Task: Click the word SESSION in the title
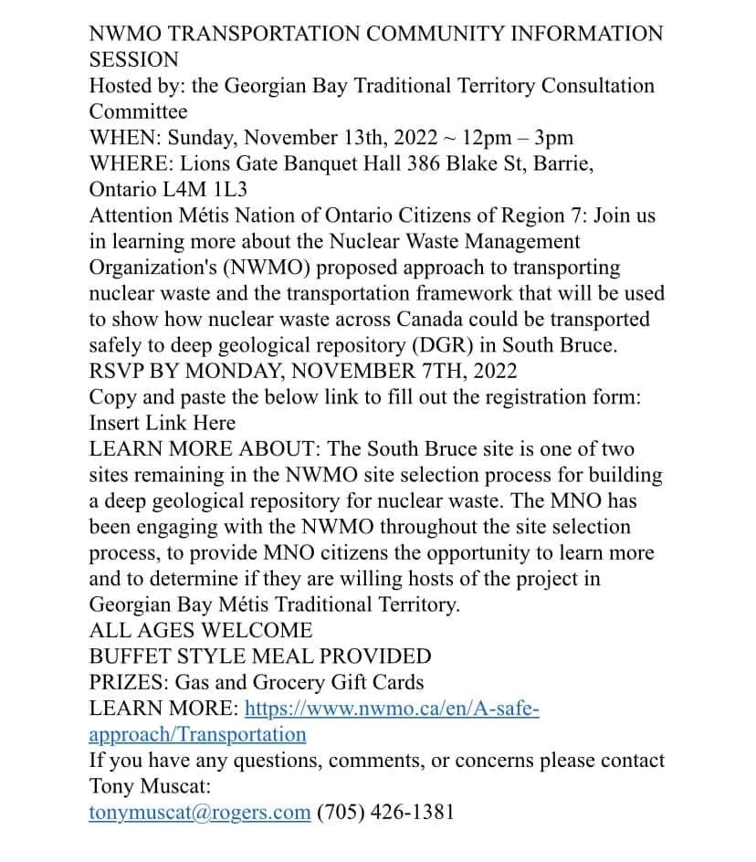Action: click(x=133, y=60)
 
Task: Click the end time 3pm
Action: click(x=554, y=138)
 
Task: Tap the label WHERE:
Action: click(x=132, y=164)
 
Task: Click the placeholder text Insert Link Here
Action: click(x=163, y=423)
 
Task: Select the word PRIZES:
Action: click(x=129, y=682)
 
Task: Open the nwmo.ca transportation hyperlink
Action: click(x=393, y=709)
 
